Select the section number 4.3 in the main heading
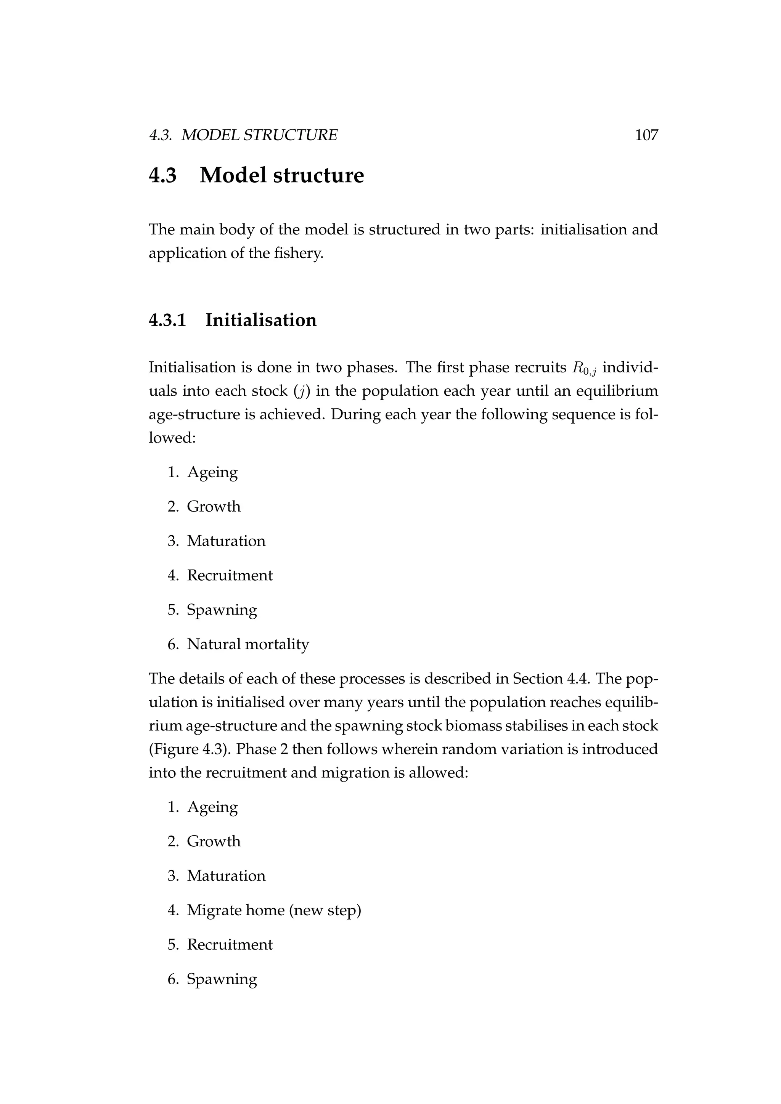(x=163, y=175)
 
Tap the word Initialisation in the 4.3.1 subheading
(x=261, y=320)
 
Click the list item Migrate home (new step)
(x=274, y=910)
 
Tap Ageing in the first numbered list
(x=212, y=472)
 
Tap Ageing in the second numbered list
(x=212, y=807)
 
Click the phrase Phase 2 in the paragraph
(x=262, y=749)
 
